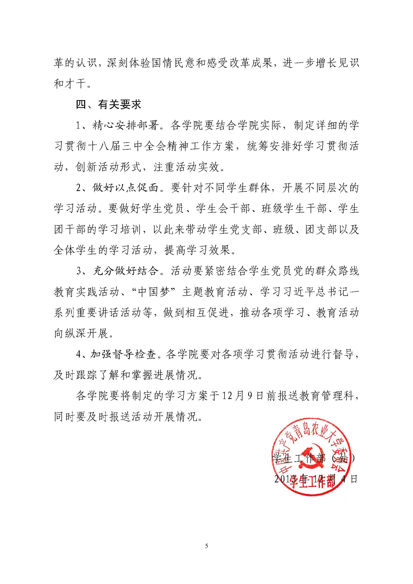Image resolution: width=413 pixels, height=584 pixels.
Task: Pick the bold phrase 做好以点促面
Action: point(125,188)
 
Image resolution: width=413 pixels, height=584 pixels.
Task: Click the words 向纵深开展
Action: point(81,334)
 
